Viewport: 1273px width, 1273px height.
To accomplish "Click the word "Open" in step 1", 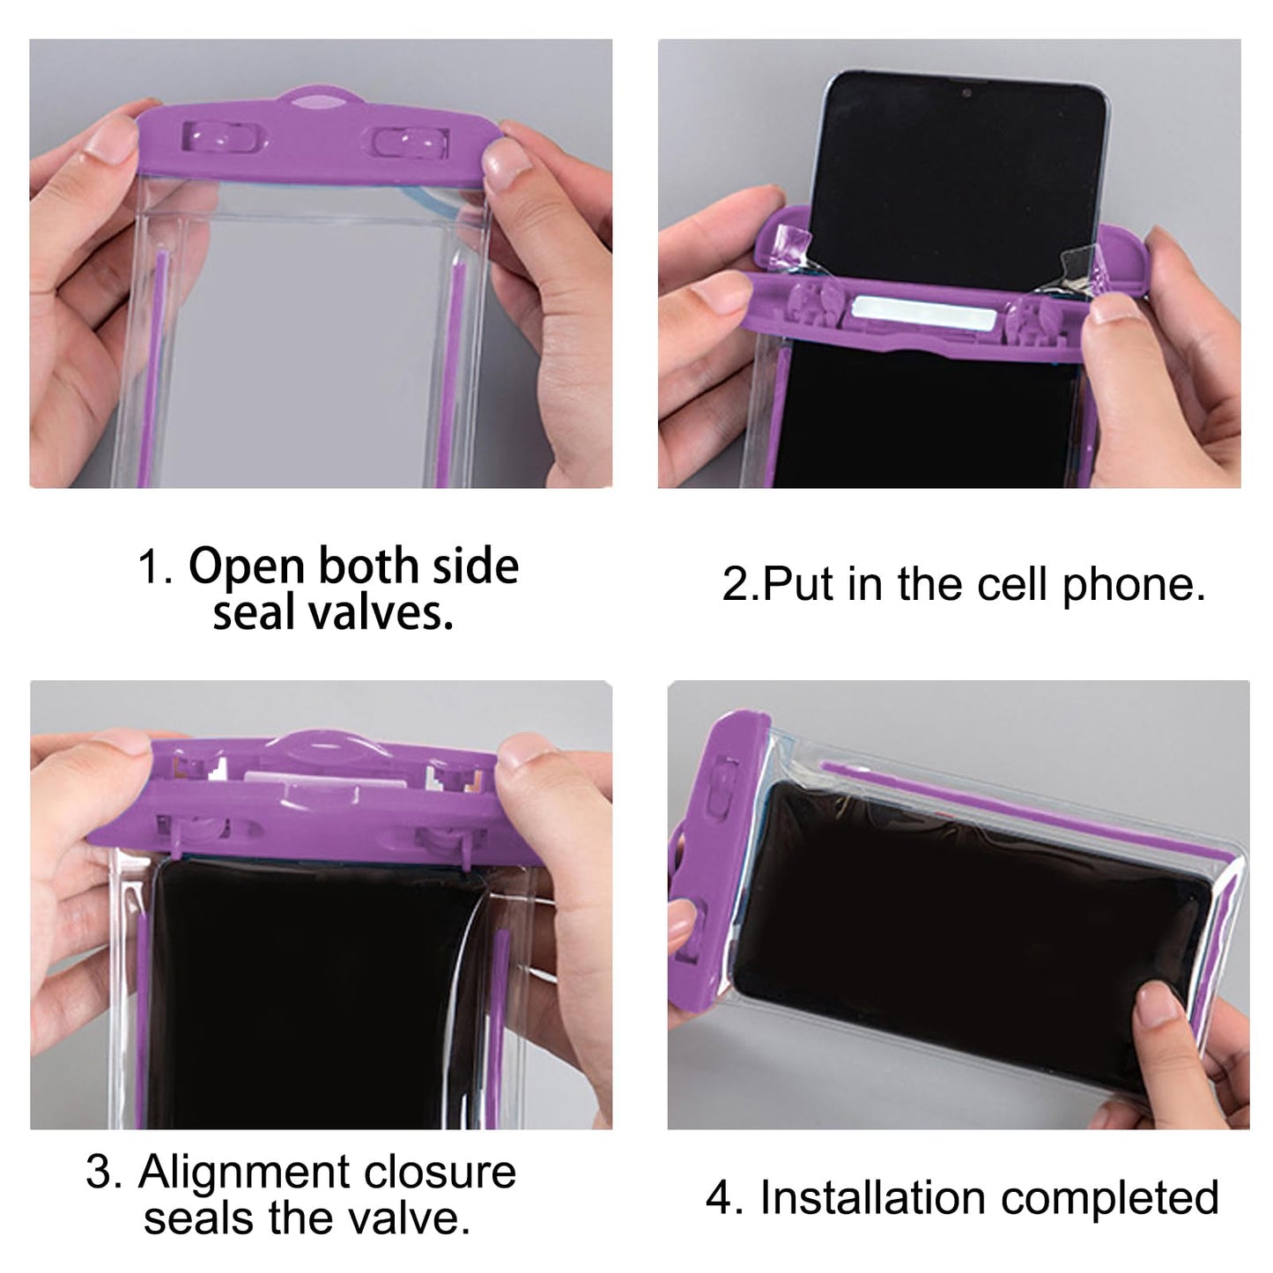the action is (247, 567).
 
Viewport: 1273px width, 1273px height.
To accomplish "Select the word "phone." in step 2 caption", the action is (1134, 584).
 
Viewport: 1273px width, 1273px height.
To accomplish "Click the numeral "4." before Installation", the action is (724, 1198).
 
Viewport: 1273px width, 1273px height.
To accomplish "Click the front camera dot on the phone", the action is (966, 93).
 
